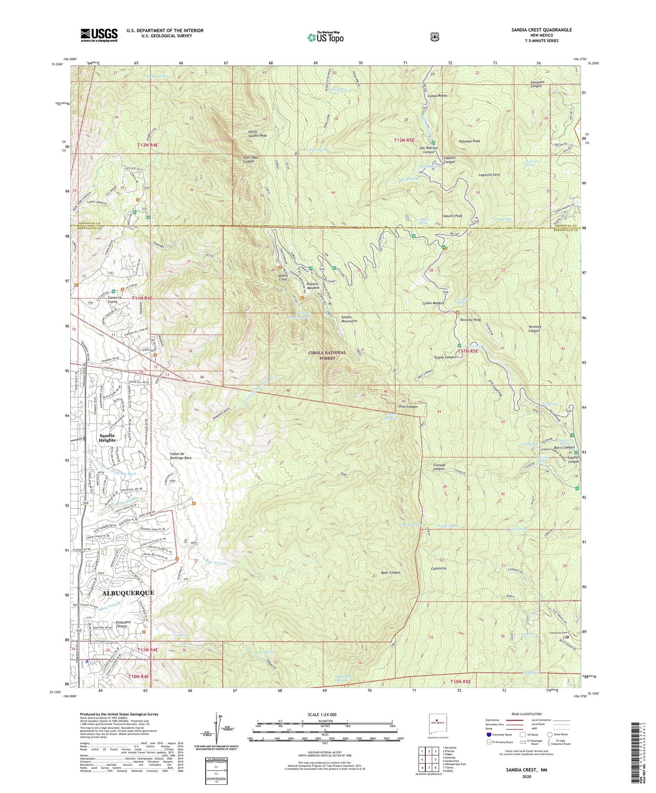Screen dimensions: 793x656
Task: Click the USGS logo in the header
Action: point(99,35)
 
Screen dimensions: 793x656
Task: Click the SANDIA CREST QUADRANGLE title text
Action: point(539,30)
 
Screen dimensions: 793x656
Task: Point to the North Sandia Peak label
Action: point(257,134)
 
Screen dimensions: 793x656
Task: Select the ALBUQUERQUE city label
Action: point(128,593)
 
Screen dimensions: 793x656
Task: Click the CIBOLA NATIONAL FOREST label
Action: point(327,355)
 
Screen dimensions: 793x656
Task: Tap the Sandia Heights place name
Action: point(107,437)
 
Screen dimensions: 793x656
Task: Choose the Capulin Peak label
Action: point(452,216)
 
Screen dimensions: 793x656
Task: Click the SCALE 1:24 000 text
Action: point(322,714)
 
